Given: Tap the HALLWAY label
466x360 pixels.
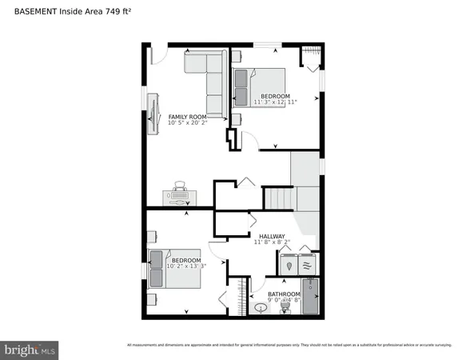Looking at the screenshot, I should pos(272,236).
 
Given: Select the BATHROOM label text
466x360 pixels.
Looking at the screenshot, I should pos(284,294).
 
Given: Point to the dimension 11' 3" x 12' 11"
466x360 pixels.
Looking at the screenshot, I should pos(275,102).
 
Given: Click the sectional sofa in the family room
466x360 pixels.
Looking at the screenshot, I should pos(209,77).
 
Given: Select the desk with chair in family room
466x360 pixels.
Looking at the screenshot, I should pos(180,194).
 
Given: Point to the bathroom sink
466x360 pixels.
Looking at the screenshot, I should pos(260,307).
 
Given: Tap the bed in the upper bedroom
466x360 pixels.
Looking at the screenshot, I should pos(261,86).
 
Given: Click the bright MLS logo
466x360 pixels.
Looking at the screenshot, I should pos(30,349).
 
